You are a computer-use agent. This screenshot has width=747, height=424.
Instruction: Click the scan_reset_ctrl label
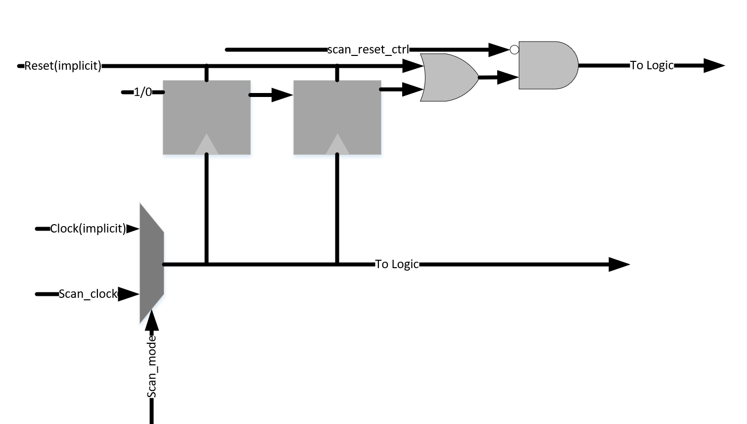point(368,49)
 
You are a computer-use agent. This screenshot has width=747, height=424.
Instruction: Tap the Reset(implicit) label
point(63,66)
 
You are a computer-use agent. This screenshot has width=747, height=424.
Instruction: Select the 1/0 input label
point(142,93)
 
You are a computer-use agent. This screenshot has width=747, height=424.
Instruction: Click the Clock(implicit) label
point(88,229)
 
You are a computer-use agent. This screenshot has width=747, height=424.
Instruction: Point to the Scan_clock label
point(88,294)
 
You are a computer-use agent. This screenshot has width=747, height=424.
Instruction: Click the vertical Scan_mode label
point(152,366)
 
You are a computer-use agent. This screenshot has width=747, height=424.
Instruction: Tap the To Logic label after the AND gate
point(652,65)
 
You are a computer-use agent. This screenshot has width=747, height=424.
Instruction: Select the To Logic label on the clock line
point(397,264)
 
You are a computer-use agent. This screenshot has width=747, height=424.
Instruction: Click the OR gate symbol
point(448,78)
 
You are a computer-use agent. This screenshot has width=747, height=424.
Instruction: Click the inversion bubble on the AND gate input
point(514,49)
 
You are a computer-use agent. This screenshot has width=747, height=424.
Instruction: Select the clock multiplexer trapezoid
point(151,263)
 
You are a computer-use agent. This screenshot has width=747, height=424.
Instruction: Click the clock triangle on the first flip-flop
point(207,145)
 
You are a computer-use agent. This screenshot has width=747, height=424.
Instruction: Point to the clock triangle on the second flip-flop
point(337,145)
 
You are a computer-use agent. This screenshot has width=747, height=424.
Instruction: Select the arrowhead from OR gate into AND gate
point(507,77)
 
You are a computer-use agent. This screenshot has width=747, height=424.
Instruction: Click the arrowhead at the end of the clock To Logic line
point(618,264)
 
